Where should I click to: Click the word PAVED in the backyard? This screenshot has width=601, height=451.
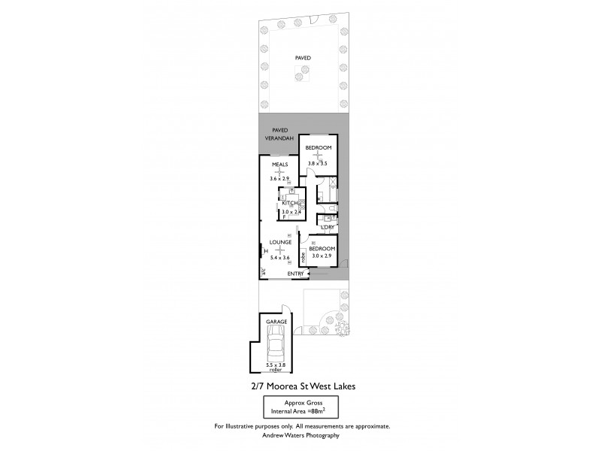point(303,57)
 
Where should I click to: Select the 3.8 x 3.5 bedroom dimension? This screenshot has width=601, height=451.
point(318,163)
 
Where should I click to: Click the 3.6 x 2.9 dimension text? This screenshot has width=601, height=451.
point(280,179)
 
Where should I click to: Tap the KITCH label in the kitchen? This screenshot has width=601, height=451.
point(291,203)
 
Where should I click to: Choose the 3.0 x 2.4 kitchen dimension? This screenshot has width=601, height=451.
point(291,212)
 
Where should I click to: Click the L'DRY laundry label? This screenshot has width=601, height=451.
point(327,227)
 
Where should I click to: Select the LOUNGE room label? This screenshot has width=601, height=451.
point(280,242)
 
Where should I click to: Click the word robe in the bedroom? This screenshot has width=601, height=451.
point(303,257)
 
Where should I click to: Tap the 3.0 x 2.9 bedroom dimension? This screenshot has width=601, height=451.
point(321,256)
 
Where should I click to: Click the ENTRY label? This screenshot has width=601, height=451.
point(295,274)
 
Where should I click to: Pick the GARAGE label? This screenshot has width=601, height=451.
point(276,322)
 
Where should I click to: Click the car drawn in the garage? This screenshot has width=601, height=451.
point(276,349)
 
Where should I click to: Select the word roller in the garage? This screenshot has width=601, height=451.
point(276,371)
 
